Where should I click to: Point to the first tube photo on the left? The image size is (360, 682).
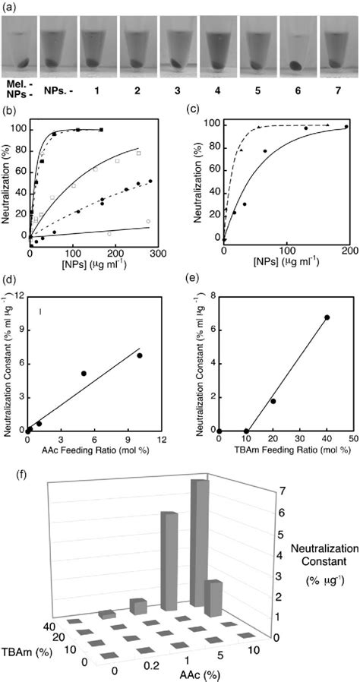[18, 46]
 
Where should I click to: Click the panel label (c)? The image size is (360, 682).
[197, 111]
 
